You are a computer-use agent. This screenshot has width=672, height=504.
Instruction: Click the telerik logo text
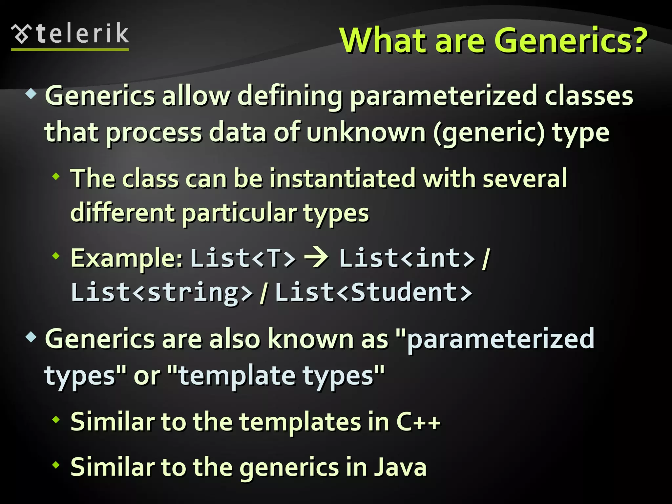coord(82,34)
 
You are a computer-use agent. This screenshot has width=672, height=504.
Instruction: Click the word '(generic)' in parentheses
coord(489,133)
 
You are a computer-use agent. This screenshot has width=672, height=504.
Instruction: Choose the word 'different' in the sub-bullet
coord(123,213)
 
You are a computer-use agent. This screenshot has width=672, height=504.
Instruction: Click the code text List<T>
coord(243,258)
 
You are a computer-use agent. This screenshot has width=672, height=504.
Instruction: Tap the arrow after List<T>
coord(316,258)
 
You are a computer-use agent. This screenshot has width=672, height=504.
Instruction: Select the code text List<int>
coord(407,258)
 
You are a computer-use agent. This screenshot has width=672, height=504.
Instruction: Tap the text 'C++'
coord(419,421)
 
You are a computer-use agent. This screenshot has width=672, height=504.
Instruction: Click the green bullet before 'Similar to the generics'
coord(56,464)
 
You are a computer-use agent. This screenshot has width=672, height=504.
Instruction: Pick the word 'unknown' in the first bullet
coord(366,133)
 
